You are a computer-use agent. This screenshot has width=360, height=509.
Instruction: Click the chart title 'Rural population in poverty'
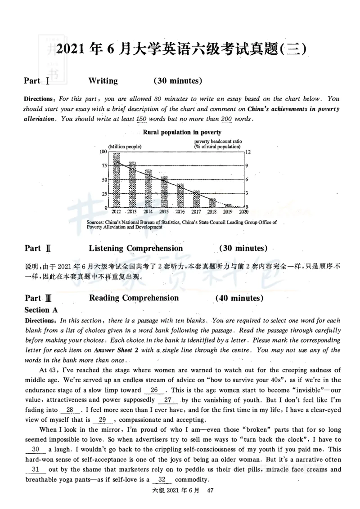(182, 132)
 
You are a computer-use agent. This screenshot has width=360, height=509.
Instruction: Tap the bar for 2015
(164, 192)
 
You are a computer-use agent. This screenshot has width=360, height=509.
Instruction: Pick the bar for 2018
(212, 202)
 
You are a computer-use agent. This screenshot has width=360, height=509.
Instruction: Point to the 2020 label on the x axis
(244, 211)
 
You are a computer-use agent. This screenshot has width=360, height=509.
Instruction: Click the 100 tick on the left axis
(103, 152)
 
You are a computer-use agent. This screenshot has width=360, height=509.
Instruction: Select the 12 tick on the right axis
(247, 152)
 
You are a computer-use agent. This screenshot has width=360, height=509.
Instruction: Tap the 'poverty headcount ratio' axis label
(218, 141)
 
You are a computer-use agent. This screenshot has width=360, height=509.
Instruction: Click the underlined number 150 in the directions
(141, 119)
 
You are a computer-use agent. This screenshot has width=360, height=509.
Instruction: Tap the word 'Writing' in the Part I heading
(103, 81)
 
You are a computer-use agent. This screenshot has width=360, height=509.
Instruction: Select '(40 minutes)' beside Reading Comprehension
(239, 298)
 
